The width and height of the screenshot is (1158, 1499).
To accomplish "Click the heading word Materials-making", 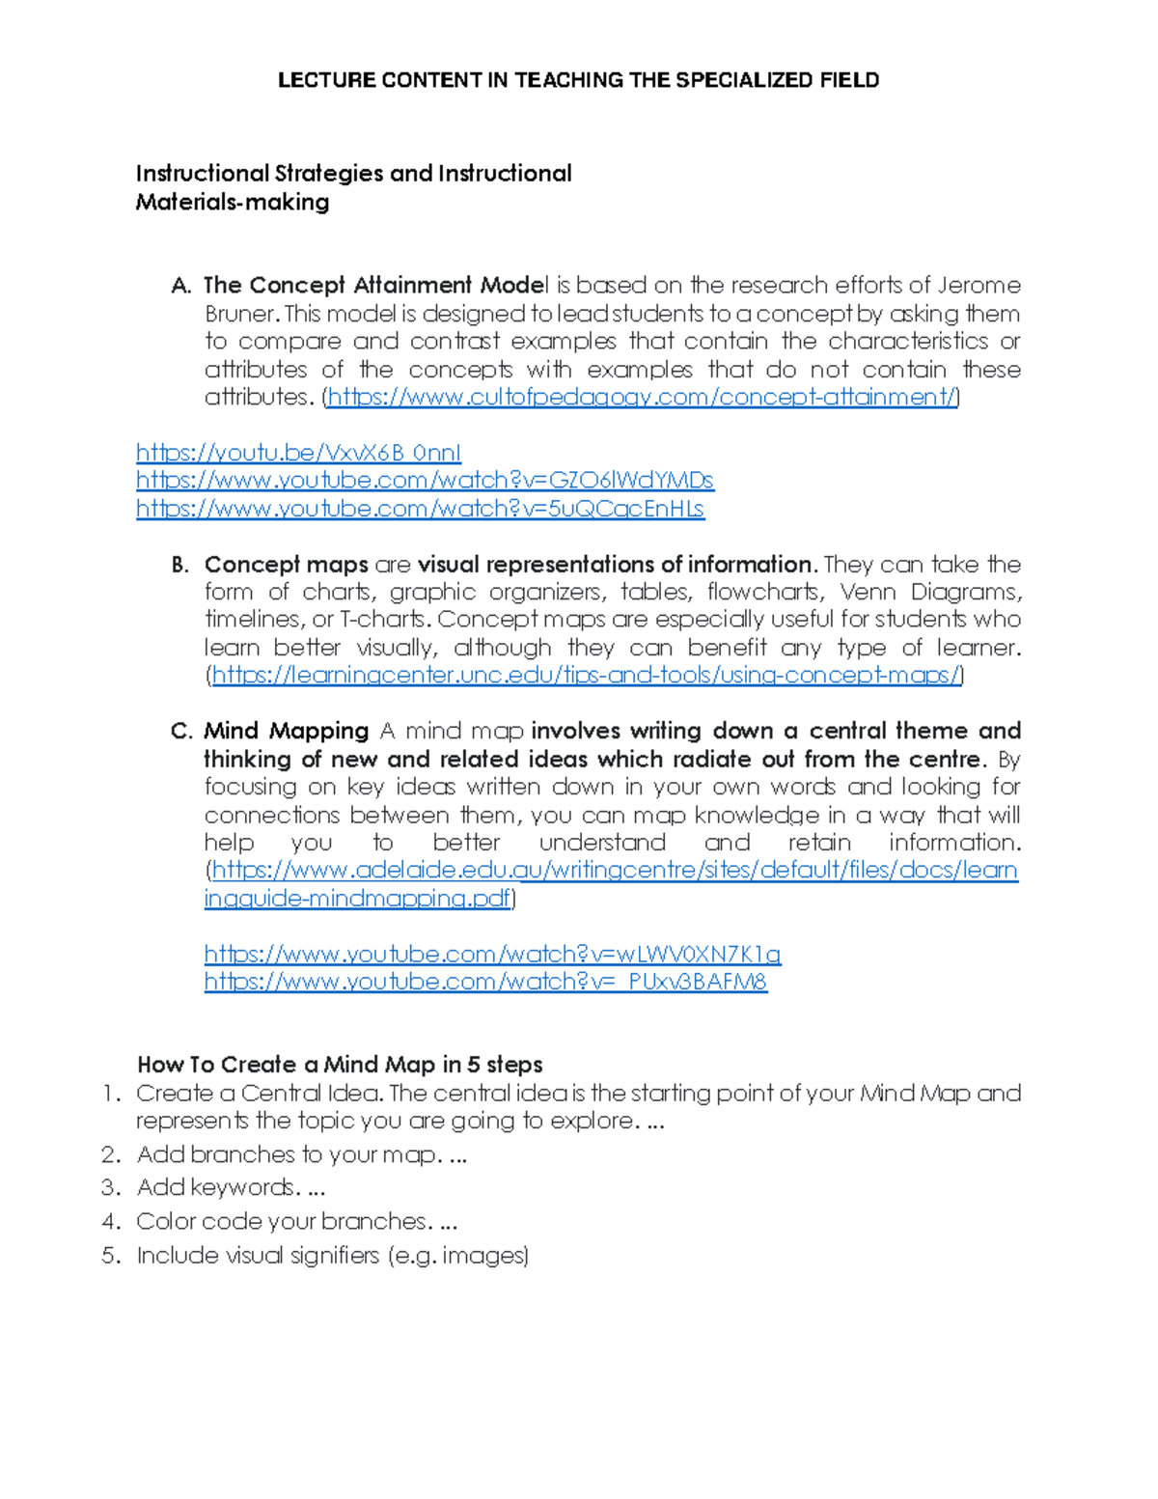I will pyautogui.click(x=233, y=203).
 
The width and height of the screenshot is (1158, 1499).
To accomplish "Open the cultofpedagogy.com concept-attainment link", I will pyautogui.click(x=642, y=398).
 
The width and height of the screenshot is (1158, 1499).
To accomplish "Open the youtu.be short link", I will pyautogui.click(x=298, y=453).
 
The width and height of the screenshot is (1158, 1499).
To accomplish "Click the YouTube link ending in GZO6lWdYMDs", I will pyautogui.click(x=425, y=481).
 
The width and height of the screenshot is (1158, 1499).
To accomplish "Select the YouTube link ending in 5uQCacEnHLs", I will pyautogui.click(x=420, y=509).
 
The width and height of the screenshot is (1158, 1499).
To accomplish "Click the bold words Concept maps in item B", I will pyautogui.click(x=286, y=565).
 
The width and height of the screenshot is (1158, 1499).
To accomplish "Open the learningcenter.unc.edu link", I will pyautogui.click(x=586, y=676).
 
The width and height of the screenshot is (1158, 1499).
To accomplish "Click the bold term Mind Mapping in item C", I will pyautogui.click(x=287, y=732).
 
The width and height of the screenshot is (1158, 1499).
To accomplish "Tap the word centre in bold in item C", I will pyautogui.click(x=945, y=760).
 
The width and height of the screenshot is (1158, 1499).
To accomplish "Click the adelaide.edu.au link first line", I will pyautogui.click(x=615, y=871).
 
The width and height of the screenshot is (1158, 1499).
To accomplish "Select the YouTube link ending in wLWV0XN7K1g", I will pyautogui.click(x=492, y=955).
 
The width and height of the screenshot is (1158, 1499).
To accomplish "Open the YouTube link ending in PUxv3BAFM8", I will pyautogui.click(x=485, y=983).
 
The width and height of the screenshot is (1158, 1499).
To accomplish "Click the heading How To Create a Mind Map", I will pyautogui.click(x=340, y=1065).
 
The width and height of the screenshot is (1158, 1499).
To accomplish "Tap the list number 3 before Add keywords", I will pyautogui.click(x=111, y=1188).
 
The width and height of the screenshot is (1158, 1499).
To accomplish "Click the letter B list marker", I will pyautogui.click(x=180, y=566).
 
